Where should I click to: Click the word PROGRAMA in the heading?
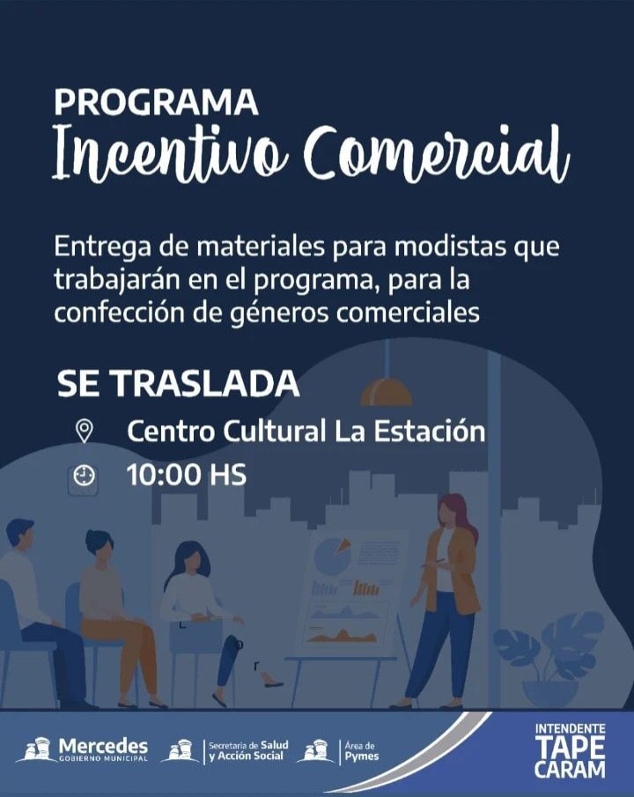(x=156, y=101)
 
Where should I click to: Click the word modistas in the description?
(x=451, y=247)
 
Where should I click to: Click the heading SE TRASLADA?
(x=178, y=383)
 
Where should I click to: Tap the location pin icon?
(x=84, y=431)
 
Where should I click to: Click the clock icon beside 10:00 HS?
(x=83, y=476)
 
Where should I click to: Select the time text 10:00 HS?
(x=187, y=475)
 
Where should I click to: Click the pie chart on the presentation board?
(x=332, y=556)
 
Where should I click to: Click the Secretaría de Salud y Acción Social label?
(x=248, y=751)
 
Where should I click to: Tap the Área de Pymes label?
(x=362, y=751)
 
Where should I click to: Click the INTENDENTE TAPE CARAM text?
(x=570, y=750)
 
